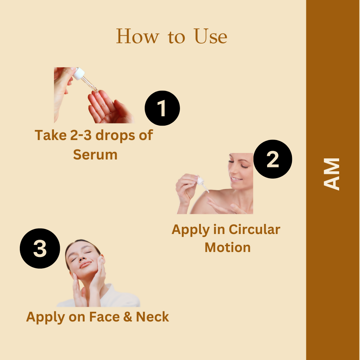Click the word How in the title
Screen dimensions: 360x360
pyautogui.click(x=137, y=36)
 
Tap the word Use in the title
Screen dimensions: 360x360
pyautogui.click(x=211, y=36)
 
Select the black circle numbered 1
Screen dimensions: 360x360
pyautogui.click(x=162, y=108)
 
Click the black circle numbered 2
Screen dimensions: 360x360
pyautogui.click(x=273, y=159)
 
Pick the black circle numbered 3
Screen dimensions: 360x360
pyautogui.click(x=40, y=248)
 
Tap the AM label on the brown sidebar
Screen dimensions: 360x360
pyautogui.click(x=331, y=174)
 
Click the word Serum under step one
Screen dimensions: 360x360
pyautogui.click(x=95, y=154)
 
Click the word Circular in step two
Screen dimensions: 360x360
pyautogui.click(x=255, y=229)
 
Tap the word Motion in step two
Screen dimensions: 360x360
pyautogui.click(x=227, y=248)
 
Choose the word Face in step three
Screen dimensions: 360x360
pyautogui.click(x=104, y=317)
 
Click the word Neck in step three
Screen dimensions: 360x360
pyautogui.click(x=152, y=317)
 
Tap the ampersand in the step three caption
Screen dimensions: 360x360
pyautogui.click(x=128, y=317)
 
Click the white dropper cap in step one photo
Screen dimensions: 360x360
pyautogui.click(x=78, y=73)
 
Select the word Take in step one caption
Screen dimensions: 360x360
pyautogui.click(x=50, y=135)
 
